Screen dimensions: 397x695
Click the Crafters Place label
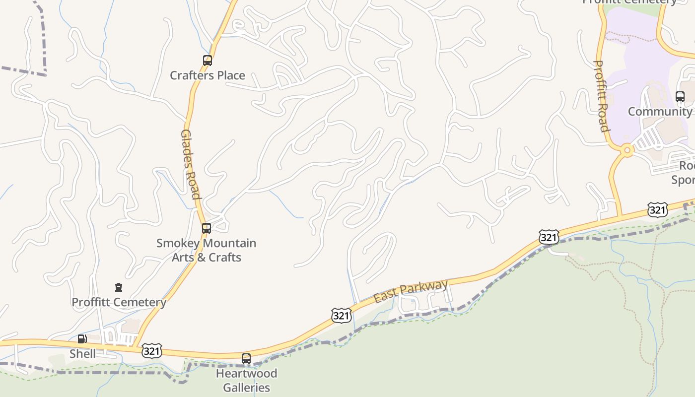coord(208,75)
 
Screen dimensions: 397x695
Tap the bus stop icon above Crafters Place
coord(208,61)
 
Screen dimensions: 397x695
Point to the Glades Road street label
coord(190,164)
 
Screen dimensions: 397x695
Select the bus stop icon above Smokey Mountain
coord(207,228)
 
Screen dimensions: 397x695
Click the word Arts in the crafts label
coord(186,257)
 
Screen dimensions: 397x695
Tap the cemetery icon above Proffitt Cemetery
coord(118,287)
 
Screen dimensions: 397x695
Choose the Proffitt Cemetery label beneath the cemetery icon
coord(119,302)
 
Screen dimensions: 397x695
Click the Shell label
coord(82,354)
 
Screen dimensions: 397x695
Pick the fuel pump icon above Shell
coord(82,339)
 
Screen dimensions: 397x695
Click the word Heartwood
coord(246,373)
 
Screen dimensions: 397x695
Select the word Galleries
coord(246,388)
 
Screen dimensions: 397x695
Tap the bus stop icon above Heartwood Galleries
coord(246,358)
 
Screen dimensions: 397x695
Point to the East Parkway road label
coord(411,291)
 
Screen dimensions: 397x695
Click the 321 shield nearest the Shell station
coord(151,350)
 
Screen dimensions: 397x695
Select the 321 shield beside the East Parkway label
coord(342,316)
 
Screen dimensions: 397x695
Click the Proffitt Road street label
coord(601,96)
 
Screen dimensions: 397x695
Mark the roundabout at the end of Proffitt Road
coord(627,149)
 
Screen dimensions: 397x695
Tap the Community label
coord(659,111)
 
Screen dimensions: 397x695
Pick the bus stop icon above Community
coord(680,97)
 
